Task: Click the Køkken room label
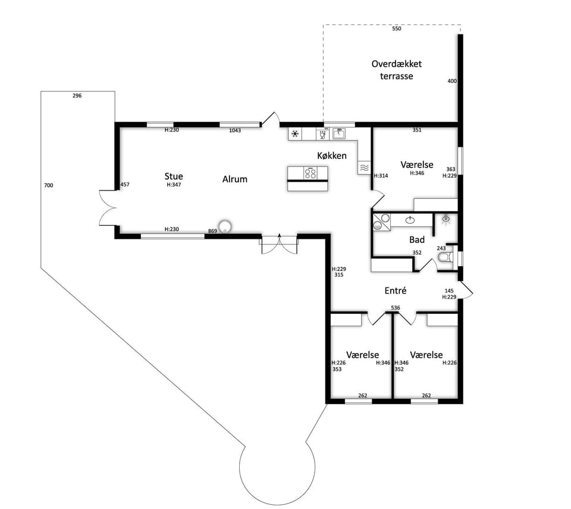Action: click(332, 156)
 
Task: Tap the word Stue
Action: click(174, 176)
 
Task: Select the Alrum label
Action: click(235, 179)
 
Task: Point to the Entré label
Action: click(396, 291)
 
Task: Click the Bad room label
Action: click(417, 239)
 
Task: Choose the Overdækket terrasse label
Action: click(397, 70)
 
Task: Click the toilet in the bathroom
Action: click(445, 257)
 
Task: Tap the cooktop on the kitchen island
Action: click(310, 173)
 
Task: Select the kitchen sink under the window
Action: click(338, 134)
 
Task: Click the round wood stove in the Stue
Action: click(225, 226)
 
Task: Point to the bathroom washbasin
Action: click(410, 220)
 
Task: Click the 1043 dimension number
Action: click(235, 130)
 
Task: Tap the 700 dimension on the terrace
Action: click(48, 185)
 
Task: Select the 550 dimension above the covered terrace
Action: click(397, 29)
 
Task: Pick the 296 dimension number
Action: click(77, 95)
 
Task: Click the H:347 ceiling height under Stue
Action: click(174, 185)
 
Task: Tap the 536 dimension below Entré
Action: click(396, 308)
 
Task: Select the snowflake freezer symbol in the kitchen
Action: click(295, 134)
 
